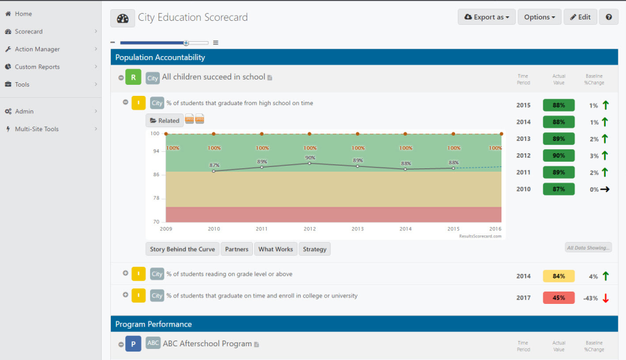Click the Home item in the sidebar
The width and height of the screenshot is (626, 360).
[23, 14]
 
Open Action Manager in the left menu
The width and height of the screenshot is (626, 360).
[37, 49]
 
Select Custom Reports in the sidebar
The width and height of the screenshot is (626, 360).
[37, 67]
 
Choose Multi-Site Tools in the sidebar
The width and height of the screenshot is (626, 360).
[37, 129]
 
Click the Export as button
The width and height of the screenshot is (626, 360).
[486, 17]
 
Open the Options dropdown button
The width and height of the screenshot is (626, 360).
[539, 17]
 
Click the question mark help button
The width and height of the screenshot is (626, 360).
[608, 17]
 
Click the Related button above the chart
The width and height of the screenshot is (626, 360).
[164, 120]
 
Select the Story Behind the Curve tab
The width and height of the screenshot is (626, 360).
[182, 249]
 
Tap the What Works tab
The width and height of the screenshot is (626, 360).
[275, 249]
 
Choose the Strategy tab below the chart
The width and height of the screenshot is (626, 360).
[315, 249]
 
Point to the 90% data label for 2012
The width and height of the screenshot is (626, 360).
[310, 157]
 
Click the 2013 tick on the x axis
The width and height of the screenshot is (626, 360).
[357, 229]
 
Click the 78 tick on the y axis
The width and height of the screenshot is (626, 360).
[155, 198]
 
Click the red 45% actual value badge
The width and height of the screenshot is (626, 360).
[558, 297]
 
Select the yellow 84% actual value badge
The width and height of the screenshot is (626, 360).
[558, 276]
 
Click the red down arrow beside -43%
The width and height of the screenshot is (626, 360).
[605, 298]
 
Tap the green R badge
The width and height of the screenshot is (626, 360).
[133, 78]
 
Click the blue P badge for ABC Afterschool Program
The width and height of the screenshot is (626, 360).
[133, 344]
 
